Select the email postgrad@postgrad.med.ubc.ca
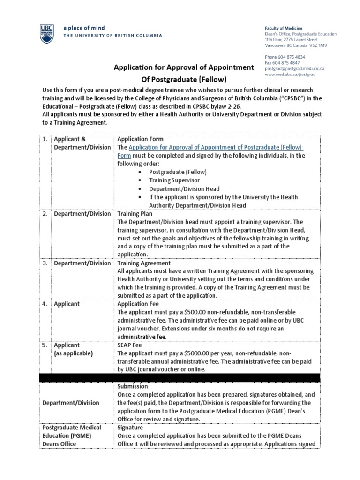coord(294,68)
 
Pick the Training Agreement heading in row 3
coord(144,263)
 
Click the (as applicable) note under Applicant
coord(74,353)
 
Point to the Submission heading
coord(133,386)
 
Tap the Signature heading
coord(130,427)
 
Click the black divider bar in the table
coord(180,378)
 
